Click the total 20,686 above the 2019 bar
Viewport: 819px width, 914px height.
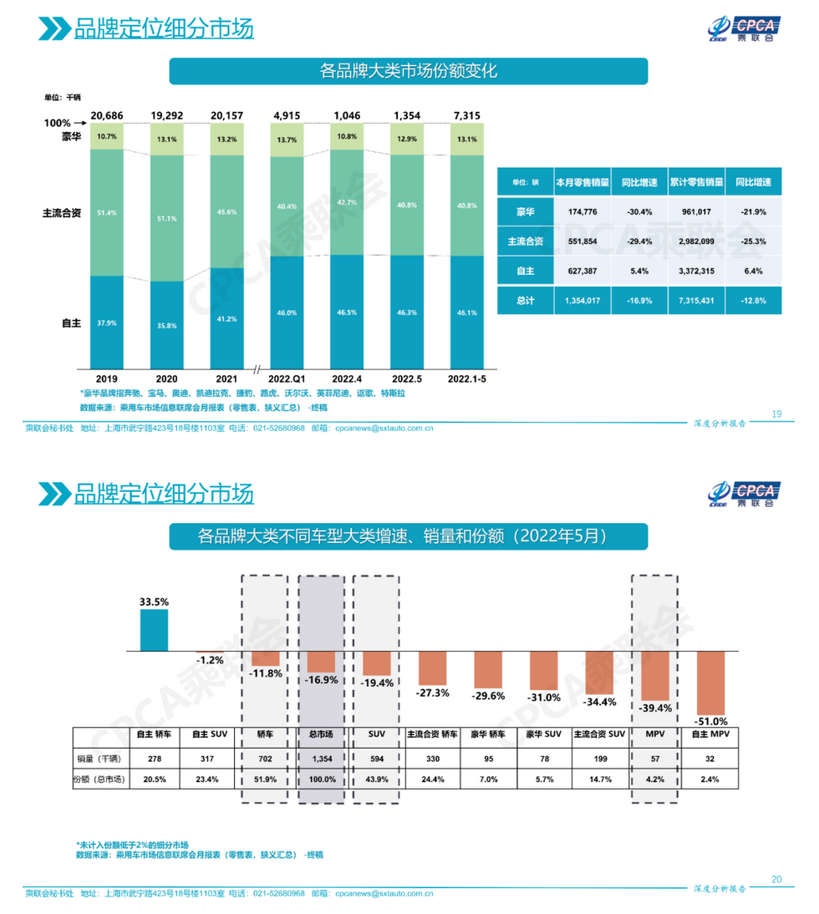pos(107,114)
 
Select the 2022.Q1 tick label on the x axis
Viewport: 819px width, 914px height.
pos(287,378)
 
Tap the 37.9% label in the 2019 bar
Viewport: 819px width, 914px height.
pos(106,323)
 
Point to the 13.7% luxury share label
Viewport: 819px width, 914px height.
pos(287,140)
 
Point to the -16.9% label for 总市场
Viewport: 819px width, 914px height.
pos(321,680)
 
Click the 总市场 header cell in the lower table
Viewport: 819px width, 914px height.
pos(321,734)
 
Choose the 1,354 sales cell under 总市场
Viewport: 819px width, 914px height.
pos(321,758)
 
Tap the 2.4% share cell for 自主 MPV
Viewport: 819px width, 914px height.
pos(711,779)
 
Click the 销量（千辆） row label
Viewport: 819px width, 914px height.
pos(99,758)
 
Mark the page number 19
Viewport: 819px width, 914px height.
pos(776,414)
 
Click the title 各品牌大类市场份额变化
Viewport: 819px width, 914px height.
pos(408,71)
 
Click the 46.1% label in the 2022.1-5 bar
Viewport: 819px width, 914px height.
pos(467,312)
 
